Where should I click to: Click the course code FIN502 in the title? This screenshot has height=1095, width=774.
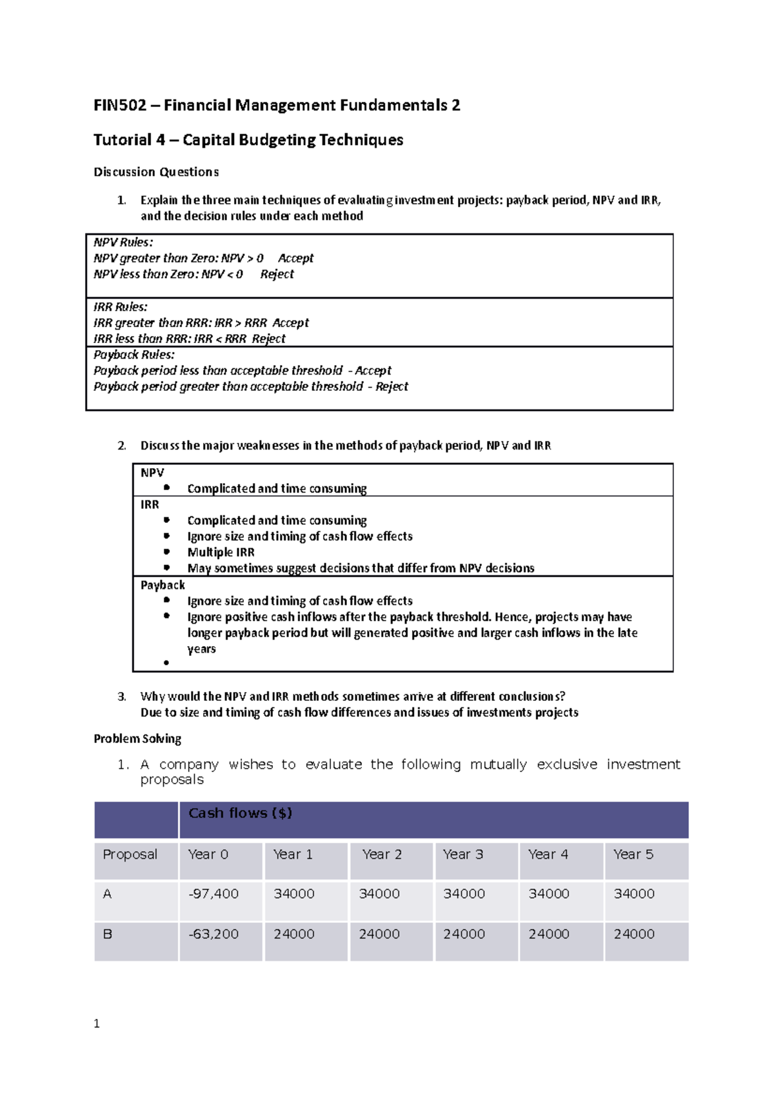pyautogui.click(x=120, y=105)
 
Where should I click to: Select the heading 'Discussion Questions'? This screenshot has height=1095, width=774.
pyautogui.click(x=156, y=172)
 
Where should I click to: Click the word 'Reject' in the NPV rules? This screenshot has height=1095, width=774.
pyautogui.click(x=277, y=274)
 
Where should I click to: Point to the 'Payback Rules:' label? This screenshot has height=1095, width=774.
pyautogui.click(x=134, y=355)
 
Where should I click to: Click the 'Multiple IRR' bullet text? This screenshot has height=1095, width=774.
pyautogui.click(x=221, y=552)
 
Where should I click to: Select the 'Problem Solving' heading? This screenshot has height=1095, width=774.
pyautogui.click(x=137, y=738)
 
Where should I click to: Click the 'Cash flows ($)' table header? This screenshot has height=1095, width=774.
pyautogui.click(x=240, y=813)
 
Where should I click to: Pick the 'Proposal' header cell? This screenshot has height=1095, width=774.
pyautogui.click(x=130, y=854)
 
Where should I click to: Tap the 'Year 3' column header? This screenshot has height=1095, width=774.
pyautogui.click(x=462, y=854)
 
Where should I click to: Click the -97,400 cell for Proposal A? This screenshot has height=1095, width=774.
pyautogui.click(x=213, y=894)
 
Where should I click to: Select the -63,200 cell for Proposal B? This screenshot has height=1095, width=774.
pyautogui.click(x=213, y=934)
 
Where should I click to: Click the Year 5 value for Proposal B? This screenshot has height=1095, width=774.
pyautogui.click(x=633, y=934)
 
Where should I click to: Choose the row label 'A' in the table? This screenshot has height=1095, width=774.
pyautogui.click(x=107, y=894)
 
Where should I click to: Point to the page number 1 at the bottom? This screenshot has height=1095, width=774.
pyautogui.click(x=97, y=1023)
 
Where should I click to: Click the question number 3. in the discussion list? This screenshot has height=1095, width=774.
pyautogui.click(x=122, y=696)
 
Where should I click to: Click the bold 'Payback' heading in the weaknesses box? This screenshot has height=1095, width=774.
pyautogui.click(x=163, y=585)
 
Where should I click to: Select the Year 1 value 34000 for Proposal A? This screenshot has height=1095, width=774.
pyautogui.click(x=293, y=894)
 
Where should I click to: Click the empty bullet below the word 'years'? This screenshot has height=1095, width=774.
pyautogui.click(x=166, y=662)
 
